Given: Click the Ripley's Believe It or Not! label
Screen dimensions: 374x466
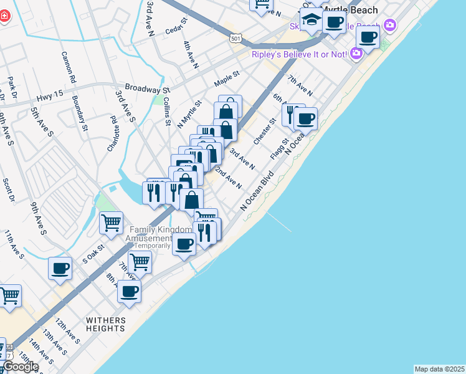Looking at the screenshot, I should [298, 54].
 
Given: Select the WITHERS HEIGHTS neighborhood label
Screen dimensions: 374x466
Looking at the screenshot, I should [105, 324].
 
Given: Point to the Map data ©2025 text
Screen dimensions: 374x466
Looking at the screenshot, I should [440, 369].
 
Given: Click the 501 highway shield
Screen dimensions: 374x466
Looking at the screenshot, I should [235, 39].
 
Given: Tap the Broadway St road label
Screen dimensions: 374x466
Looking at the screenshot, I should [148, 89].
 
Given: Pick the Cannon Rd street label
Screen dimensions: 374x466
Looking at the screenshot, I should [68, 67].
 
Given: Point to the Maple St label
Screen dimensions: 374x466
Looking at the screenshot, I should [227, 79].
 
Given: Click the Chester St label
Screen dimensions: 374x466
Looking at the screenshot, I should [264, 132].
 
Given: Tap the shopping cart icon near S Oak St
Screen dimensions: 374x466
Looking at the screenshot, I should [111, 222].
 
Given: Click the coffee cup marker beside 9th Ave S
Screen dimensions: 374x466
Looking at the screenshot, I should [60, 267].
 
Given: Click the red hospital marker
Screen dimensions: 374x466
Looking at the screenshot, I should [3, 16].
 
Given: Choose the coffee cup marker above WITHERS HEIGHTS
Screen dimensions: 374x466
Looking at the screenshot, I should [129, 290].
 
